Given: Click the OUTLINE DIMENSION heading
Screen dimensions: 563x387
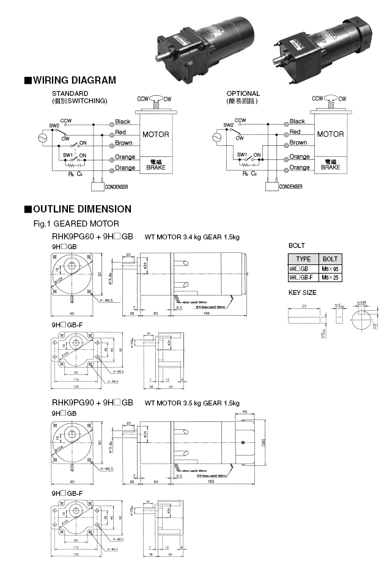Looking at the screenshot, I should pyautogui.click(x=81, y=209).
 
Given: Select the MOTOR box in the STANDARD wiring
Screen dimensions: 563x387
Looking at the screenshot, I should pyautogui.click(x=155, y=134).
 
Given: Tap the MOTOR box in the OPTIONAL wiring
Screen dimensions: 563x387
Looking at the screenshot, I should pyautogui.click(x=330, y=134).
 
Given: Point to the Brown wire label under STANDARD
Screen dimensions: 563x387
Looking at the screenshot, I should pyautogui.click(x=124, y=144).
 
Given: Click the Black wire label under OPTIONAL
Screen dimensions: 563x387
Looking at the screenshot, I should pyautogui.click(x=297, y=122).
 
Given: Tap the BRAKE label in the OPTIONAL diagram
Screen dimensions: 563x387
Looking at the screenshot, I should pyautogui.click(x=330, y=167).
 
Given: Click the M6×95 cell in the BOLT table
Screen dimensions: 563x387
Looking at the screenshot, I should pyautogui.click(x=330, y=269).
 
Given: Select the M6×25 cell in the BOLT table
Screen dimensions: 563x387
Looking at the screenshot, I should pyautogui.click(x=330, y=278).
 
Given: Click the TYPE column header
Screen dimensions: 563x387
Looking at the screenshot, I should pyautogui.click(x=304, y=259).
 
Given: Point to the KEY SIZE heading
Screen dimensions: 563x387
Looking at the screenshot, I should pyautogui.click(x=302, y=293).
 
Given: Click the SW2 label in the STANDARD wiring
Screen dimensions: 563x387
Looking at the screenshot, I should pyautogui.click(x=54, y=126).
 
